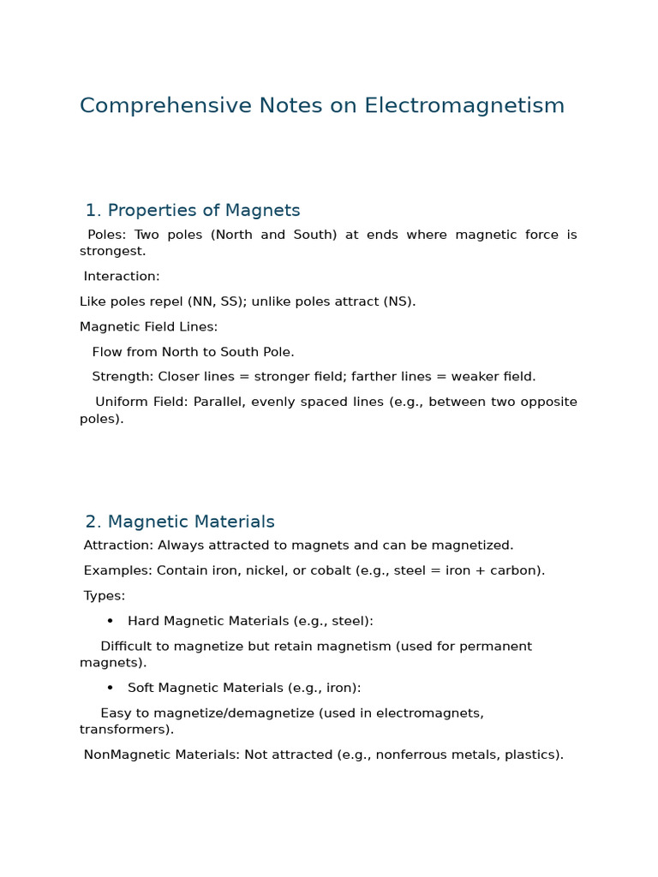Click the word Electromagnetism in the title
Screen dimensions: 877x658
pyautogui.click(x=464, y=105)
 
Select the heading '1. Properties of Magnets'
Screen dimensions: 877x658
pyautogui.click(x=193, y=210)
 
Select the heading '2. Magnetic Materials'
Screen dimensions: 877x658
pyautogui.click(x=180, y=522)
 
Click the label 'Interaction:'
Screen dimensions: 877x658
pyautogui.click(x=122, y=277)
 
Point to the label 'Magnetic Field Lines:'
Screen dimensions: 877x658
pyautogui.click(x=149, y=326)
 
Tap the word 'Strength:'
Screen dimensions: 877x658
pyautogui.click(x=123, y=376)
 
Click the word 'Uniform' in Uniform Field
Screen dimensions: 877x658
pyautogui.click(x=122, y=402)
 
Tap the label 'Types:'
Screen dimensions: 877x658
pyautogui.click(x=104, y=595)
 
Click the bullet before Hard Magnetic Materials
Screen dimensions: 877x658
pyautogui.click(x=110, y=621)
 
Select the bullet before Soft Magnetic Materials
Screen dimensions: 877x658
pyautogui.click(x=110, y=688)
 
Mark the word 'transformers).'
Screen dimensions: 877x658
pyautogui.click(x=127, y=730)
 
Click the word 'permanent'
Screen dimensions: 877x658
pyautogui.click(x=497, y=646)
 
